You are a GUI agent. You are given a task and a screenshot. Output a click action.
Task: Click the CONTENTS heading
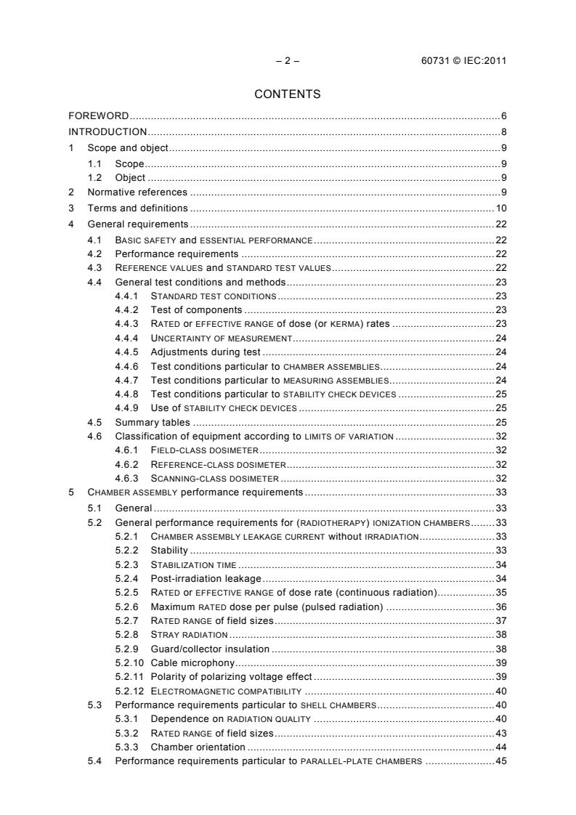(x=288, y=94)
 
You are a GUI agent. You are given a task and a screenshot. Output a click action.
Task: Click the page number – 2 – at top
(x=288, y=60)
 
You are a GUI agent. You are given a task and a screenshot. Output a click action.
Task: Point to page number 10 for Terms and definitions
(x=500, y=208)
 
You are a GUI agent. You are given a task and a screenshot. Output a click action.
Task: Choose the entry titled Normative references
(x=137, y=192)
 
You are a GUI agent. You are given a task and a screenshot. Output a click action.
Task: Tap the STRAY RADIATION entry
(x=189, y=634)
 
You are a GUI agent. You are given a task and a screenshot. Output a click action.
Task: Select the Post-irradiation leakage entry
(x=206, y=578)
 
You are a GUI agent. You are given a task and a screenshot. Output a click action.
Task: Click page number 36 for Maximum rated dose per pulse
(x=500, y=607)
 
